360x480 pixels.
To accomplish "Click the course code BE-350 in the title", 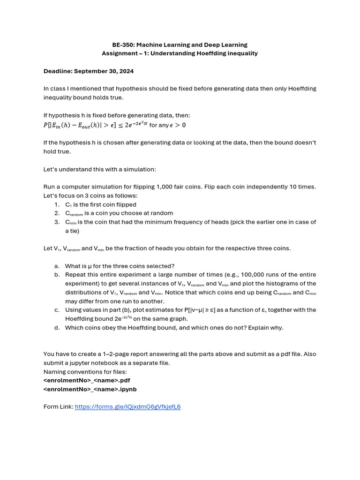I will tap(123, 45).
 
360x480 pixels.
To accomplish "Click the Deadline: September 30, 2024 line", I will tap(89, 71).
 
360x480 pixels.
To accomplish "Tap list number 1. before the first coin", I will tap(56, 204).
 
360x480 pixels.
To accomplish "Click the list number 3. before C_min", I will tap(56, 222).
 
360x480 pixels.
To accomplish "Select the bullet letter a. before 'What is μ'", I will tap(56, 266).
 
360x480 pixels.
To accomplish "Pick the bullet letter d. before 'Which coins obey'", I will tap(56, 328).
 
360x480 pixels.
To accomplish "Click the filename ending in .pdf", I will tap(87, 380).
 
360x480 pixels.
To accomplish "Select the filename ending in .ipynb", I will tap(90, 389).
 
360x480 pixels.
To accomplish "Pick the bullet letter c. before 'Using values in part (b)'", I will tap(56, 310).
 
